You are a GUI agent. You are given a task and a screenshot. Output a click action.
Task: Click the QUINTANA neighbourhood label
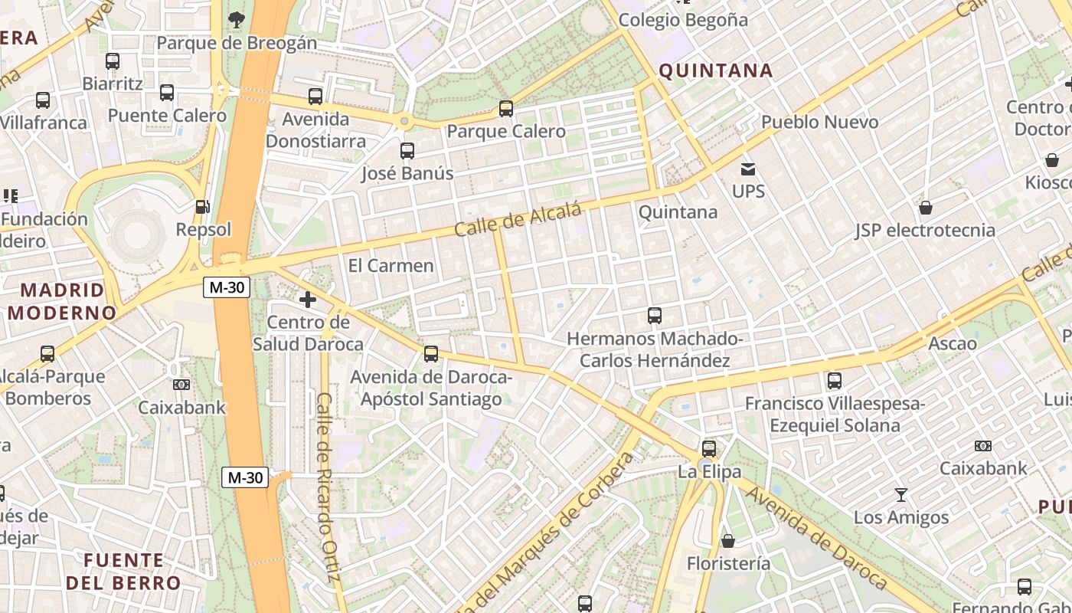click(715, 71)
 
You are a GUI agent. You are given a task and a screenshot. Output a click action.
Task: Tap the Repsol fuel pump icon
click(202, 207)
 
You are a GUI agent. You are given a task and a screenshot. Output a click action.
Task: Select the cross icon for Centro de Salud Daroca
click(308, 300)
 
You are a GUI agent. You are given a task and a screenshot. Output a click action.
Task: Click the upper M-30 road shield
click(227, 287)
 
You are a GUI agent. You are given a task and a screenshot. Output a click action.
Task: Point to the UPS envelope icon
click(747, 169)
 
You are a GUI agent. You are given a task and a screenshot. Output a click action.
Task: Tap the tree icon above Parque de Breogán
click(236, 20)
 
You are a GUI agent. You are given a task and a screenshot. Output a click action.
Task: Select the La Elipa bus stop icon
click(709, 449)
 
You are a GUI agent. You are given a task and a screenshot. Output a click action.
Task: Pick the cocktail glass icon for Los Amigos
click(900, 495)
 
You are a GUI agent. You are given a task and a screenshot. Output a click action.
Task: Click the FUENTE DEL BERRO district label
click(123, 571)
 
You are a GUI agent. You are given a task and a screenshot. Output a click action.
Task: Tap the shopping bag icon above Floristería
click(727, 541)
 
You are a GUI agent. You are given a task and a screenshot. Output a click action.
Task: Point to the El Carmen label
click(391, 266)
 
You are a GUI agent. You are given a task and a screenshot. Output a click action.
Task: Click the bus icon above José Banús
click(407, 151)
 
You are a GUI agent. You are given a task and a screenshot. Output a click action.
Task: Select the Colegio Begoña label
click(682, 20)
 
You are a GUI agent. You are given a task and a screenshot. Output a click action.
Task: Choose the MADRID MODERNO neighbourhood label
click(61, 301)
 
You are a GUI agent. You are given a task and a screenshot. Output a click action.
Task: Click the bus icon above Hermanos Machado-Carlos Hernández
click(654, 316)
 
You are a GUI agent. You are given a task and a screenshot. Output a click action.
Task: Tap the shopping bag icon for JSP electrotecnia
click(925, 208)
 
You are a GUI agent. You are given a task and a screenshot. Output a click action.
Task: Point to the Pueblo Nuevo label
click(819, 122)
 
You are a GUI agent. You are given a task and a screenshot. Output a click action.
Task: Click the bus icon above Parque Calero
click(505, 109)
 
